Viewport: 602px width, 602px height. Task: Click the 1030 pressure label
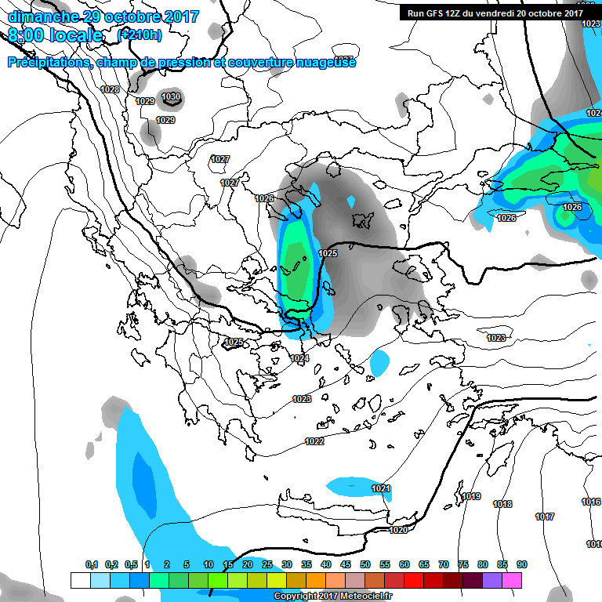[170, 97]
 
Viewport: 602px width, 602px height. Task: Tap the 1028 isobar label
[111, 89]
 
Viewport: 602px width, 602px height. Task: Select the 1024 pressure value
[299, 358]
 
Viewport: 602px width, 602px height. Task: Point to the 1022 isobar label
[314, 441]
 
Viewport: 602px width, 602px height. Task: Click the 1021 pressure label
[381, 488]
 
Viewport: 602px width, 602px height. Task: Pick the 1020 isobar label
[398, 530]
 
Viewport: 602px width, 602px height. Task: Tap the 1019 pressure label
[471, 496]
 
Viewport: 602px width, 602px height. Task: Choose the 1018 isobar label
[502, 504]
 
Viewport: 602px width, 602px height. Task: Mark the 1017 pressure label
[545, 517]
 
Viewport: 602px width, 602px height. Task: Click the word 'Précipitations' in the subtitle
[48, 62]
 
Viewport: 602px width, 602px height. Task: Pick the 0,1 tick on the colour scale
[92, 564]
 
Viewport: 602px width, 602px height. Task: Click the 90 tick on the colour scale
[522, 564]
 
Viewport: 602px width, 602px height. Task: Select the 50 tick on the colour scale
[365, 564]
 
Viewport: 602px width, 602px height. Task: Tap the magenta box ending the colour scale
[512, 580]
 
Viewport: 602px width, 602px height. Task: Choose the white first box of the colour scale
[80, 580]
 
